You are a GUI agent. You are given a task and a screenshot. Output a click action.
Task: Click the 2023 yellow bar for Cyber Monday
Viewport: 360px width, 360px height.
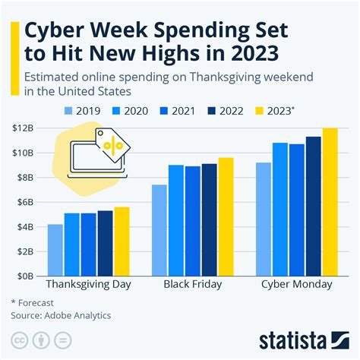pyautogui.click(x=330, y=202)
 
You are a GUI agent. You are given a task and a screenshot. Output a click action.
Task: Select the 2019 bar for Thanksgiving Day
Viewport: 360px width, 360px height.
pyautogui.click(x=55, y=250)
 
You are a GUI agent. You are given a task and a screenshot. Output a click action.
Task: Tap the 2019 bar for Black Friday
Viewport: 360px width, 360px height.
pyautogui.click(x=159, y=230)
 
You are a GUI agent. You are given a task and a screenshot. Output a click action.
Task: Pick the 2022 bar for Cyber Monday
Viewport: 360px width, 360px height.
pyautogui.click(x=313, y=206)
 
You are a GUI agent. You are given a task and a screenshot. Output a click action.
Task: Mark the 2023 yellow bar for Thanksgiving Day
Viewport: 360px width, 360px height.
pyautogui.click(x=122, y=242)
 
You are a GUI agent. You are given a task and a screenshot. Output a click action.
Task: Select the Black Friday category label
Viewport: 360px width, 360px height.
pyautogui.click(x=192, y=285)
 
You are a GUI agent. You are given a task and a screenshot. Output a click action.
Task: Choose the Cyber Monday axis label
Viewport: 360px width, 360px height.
pyautogui.click(x=296, y=285)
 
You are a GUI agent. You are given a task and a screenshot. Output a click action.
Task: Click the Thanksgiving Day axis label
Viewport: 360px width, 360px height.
pyautogui.click(x=88, y=285)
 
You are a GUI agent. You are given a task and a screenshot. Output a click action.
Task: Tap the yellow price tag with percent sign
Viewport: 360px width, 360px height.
pyautogui.click(x=112, y=145)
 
